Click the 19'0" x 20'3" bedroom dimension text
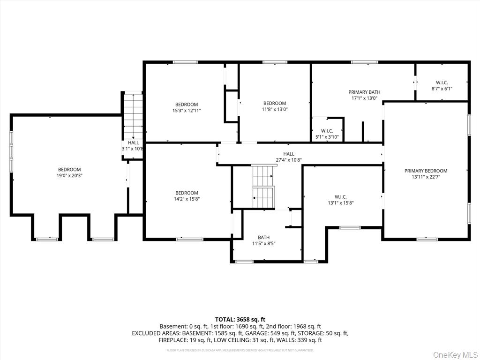click(69, 176)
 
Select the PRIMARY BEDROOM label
click(426, 171)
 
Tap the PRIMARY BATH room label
click(364, 92)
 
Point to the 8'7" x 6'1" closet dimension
click(442, 89)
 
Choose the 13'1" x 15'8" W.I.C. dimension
click(340, 203)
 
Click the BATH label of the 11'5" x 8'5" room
click(263, 237)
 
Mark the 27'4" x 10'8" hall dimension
click(289, 160)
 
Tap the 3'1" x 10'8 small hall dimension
click(133, 149)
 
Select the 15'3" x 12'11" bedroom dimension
click(187, 111)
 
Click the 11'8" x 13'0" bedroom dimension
click(275, 109)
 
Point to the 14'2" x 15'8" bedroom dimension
click(187, 199)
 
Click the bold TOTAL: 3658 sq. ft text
click(240, 319)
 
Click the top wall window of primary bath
click(365, 62)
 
